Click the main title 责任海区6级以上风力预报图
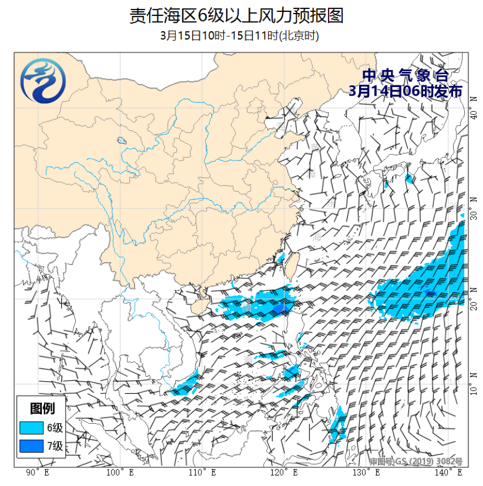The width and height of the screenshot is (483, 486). point(236,15)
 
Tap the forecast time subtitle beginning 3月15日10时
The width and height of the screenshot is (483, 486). point(239,36)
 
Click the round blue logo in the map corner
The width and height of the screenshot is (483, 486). point(42,84)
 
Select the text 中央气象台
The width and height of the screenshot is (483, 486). point(406,76)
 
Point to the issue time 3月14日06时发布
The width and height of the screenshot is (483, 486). point(406,92)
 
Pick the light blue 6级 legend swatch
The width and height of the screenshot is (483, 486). point(31,427)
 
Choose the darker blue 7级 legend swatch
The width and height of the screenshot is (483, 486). point(31,446)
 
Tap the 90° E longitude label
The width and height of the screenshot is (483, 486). point(37,472)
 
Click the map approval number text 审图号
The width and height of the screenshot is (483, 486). point(416,462)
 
